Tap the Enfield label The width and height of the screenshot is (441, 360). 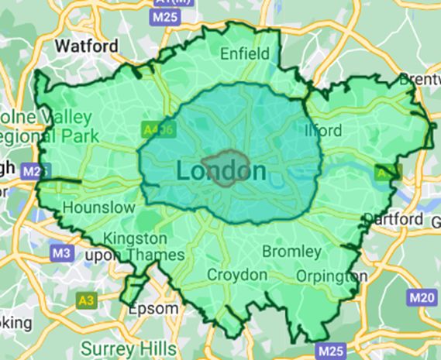tap(245, 53)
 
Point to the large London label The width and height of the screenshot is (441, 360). tap(222, 171)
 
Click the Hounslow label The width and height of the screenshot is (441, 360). tap(92, 207)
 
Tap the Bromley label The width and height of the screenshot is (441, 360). tap(291, 252)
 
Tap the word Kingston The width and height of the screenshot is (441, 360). tap(134, 238)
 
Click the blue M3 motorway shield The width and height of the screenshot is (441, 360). tap(60, 253)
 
